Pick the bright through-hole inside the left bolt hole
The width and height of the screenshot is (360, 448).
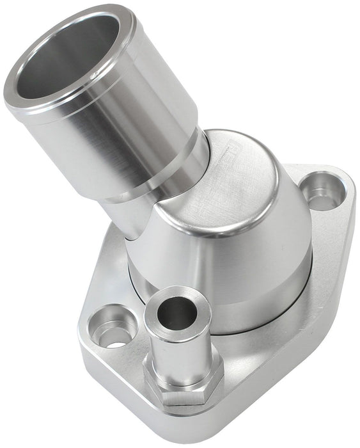click(115, 339)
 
